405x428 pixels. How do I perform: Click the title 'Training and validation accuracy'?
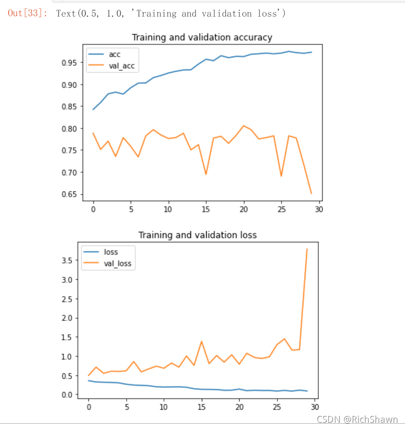pos(202,37)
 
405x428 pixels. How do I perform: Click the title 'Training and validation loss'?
pos(197,235)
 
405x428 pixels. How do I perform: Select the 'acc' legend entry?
pos(115,55)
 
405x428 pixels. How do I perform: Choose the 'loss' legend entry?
pos(111,252)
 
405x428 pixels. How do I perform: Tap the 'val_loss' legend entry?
pos(118,263)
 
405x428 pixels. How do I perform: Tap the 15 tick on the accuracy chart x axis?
pos(206,209)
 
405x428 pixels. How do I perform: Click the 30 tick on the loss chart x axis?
pos(314,407)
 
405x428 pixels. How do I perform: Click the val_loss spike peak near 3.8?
pos(306,249)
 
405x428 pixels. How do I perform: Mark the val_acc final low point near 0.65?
pos(311,193)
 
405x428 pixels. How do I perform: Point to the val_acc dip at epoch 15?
pos(206,174)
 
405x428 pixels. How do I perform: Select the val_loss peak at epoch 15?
pos(201,341)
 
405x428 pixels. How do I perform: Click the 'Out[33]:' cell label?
pos(27,13)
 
